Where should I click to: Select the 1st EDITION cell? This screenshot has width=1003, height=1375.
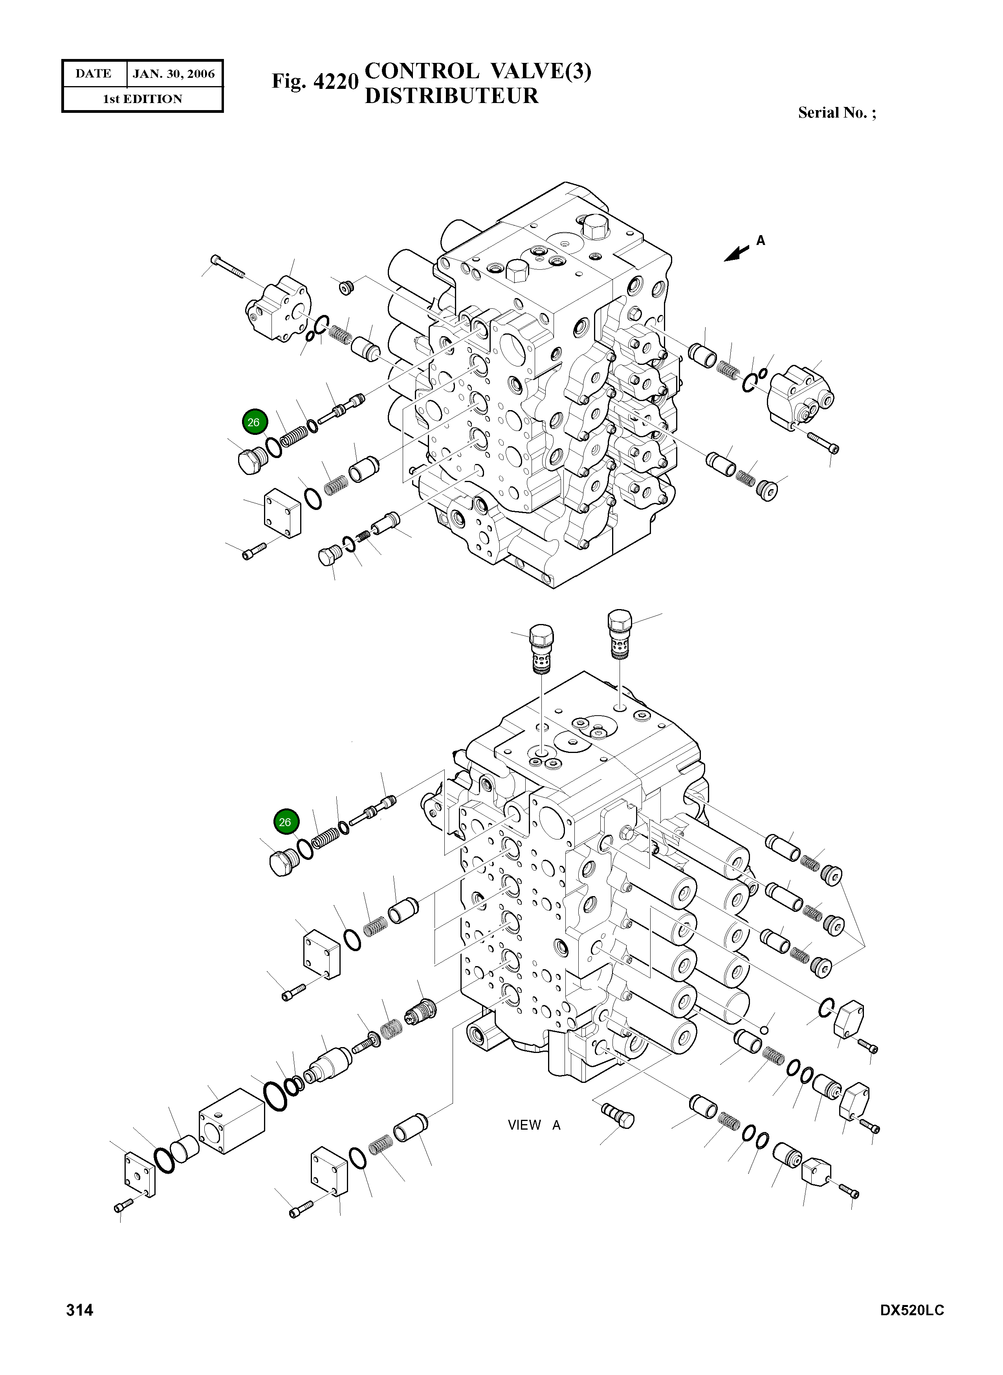click(x=142, y=99)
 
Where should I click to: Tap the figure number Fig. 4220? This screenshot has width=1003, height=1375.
click(x=315, y=81)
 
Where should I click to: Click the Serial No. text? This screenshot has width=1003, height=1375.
click(x=837, y=113)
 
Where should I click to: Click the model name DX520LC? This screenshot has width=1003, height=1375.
click(x=912, y=1327)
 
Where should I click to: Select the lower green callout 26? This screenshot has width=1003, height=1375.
click(x=285, y=822)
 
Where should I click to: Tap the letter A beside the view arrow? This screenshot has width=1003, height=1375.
click(x=761, y=241)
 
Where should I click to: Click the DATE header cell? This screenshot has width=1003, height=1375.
click(x=94, y=74)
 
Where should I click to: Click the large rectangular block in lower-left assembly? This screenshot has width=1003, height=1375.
click(x=231, y=1121)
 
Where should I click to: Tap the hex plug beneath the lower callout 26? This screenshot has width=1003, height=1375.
click(x=281, y=863)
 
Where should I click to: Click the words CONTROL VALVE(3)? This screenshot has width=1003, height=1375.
click(x=478, y=72)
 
